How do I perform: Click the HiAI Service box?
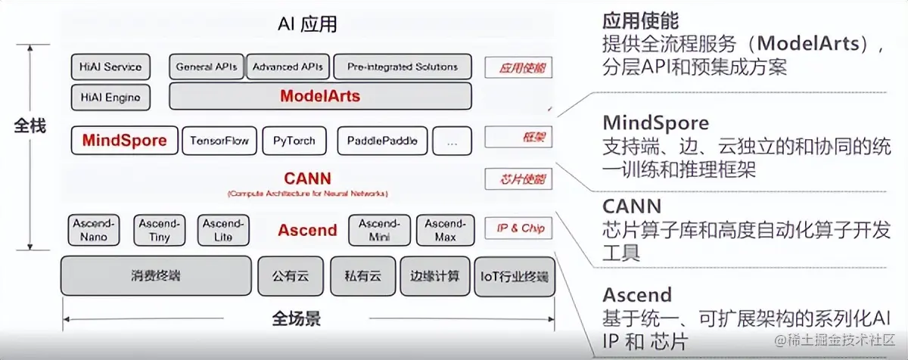pos(110,67)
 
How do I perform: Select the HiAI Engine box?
pos(110,97)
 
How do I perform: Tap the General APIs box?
pos(207,67)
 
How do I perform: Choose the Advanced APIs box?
pos(288,67)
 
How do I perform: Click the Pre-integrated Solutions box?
pos(402,67)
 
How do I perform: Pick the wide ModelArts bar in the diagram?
pos(320,96)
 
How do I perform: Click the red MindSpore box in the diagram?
pos(125,140)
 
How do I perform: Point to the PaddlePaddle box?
pos(382,141)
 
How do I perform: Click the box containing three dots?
pos(452,141)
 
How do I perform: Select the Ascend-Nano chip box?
pos(93,230)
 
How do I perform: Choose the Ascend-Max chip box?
pos(445,230)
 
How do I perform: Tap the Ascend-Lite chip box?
pos(223,230)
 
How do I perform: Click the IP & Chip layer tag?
pos(516,228)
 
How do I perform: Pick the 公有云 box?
pos(291,276)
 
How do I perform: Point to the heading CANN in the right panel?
pos(632,206)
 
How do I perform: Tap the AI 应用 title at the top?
pos(307,24)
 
